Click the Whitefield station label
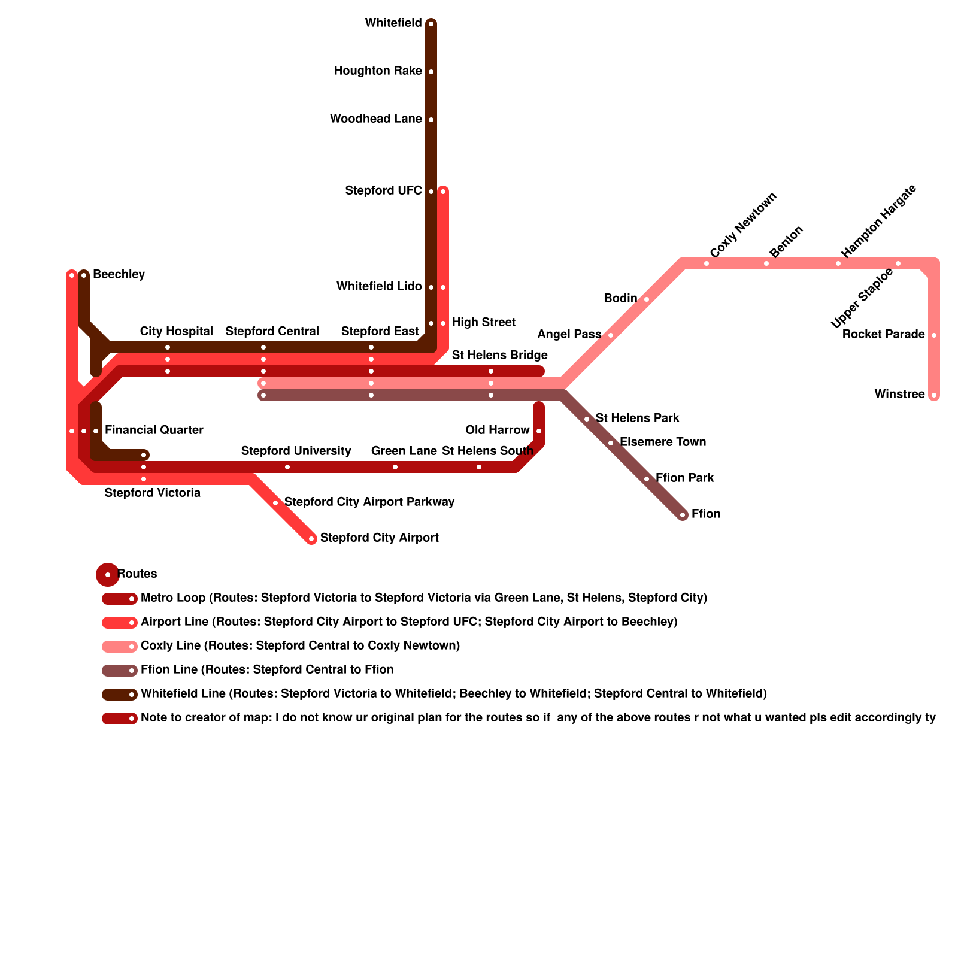(x=393, y=23)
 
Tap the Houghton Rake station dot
(x=431, y=72)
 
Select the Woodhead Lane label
(x=375, y=119)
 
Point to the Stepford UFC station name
(x=383, y=191)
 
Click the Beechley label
(x=119, y=275)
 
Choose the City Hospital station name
(x=176, y=332)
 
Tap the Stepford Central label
(x=272, y=332)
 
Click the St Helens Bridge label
(x=499, y=356)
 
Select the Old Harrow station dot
(x=539, y=431)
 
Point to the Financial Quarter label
(x=154, y=431)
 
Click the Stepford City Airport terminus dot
(x=311, y=539)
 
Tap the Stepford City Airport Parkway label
(x=369, y=502)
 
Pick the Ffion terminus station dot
(x=683, y=515)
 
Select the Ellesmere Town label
(x=663, y=442)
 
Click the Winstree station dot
(x=934, y=395)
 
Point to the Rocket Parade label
(x=883, y=335)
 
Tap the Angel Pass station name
(x=569, y=335)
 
